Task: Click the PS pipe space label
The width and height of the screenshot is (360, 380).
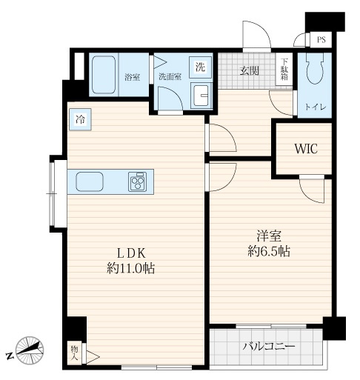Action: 321,40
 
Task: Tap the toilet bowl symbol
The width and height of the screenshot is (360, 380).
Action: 315,66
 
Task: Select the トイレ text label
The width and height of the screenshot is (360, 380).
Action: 315,107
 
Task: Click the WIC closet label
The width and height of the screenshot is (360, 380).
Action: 306,149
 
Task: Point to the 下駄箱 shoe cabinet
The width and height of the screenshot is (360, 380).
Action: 284,69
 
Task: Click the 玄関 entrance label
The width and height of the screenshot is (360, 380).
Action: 250,70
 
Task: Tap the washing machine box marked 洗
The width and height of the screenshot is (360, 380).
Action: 200,67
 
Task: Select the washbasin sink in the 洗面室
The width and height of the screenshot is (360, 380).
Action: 201,96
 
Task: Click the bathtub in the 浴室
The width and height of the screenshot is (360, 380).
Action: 104,75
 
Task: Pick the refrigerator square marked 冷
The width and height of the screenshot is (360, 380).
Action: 80,119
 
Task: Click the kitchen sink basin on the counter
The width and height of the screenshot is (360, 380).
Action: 90,181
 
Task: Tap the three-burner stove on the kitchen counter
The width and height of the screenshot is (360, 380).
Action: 137,181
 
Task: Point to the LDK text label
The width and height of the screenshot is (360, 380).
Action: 131,253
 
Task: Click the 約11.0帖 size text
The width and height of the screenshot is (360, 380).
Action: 131,268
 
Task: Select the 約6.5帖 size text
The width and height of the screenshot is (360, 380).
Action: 269,251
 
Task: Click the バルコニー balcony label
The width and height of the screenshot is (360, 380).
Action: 269,347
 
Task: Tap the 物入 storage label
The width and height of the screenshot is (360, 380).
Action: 74,353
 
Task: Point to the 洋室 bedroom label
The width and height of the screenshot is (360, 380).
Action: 269,236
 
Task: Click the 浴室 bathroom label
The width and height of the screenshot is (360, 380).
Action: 133,77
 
